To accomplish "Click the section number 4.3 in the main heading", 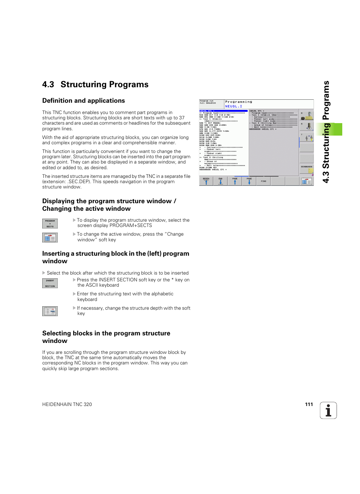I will (x=48, y=85).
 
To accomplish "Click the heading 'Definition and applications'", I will (x=83, y=101).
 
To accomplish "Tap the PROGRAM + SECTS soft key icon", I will (x=50, y=224).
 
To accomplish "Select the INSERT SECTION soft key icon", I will (x=50, y=283).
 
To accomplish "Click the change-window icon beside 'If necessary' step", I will (x=50, y=311).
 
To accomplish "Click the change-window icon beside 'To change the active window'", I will (x=50, y=238).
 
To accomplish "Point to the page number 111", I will (x=309, y=404).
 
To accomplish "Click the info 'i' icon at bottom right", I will (x=328, y=411).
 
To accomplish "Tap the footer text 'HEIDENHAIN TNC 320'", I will (x=67, y=404).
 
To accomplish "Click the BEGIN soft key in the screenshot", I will (x=206, y=181).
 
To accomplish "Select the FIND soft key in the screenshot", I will (x=263, y=181).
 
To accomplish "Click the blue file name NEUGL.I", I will (x=234, y=107).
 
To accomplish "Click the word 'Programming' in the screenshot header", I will (x=238, y=102).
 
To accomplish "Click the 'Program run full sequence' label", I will (x=208, y=102).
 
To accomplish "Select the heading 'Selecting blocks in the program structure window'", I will (x=106, y=337).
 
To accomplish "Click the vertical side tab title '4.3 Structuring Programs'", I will (x=326, y=132).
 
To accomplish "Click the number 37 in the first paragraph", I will (x=182, y=118).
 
